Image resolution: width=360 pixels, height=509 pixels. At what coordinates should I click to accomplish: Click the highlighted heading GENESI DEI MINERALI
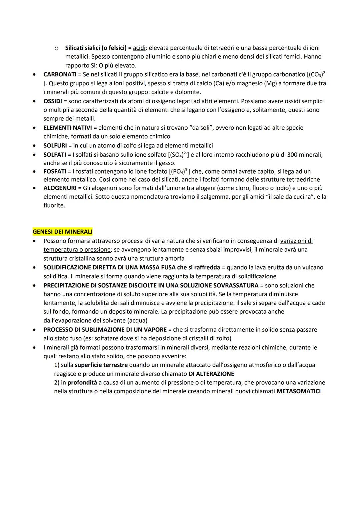click(62, 232)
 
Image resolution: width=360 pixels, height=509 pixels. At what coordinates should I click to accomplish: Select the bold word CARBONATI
click(60, 74)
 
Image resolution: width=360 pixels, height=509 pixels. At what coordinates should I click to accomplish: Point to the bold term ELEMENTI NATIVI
click(68, 128)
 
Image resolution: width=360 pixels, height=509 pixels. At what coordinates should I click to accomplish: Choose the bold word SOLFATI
click(55, 155)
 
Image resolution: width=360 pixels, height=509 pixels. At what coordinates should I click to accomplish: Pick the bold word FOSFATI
click(55, 171)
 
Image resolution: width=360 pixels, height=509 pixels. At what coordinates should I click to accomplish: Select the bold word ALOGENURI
click(60, 188)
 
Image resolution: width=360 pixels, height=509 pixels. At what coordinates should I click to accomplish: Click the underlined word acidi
click(139, 48)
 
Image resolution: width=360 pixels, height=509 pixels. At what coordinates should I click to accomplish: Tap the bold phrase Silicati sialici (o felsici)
click(96, 48)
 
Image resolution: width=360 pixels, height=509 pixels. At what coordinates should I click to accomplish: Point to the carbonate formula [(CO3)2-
click(316, 74)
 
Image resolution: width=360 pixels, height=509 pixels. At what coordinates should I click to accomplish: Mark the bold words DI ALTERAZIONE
click(211, 374)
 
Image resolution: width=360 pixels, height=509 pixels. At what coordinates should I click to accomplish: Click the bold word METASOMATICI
click(298, 391)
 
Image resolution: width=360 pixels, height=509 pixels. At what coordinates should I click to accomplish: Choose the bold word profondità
click(82, 383)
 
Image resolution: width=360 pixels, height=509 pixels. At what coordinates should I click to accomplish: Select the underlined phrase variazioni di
click(296, 241)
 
